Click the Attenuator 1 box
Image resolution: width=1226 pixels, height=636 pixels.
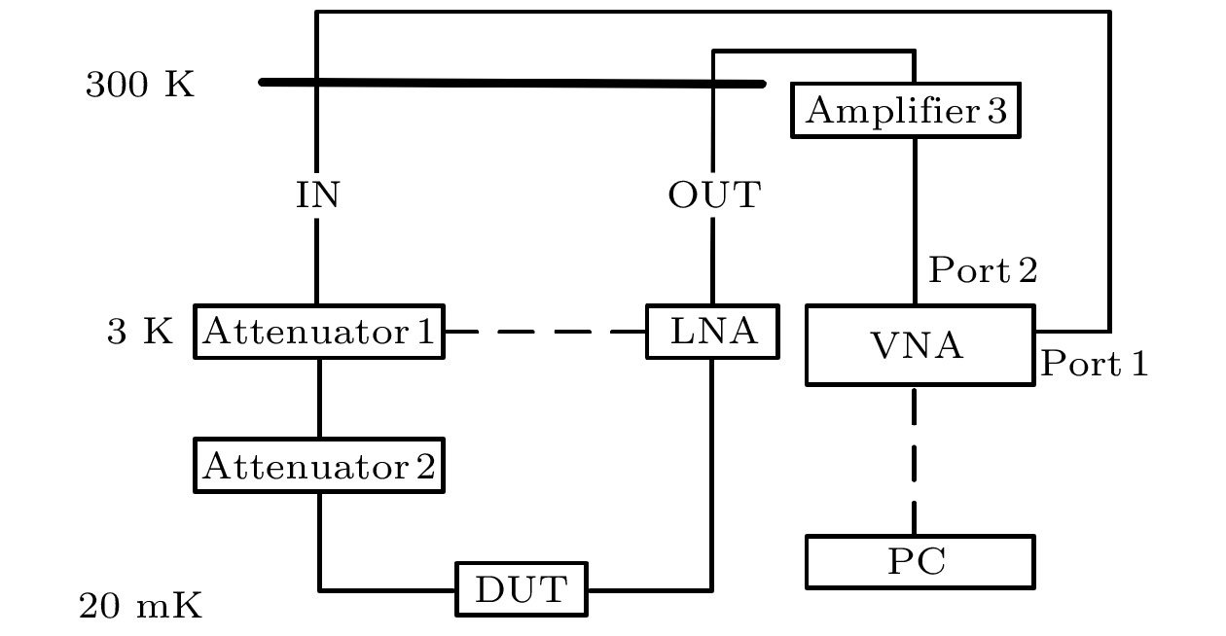point(318,332)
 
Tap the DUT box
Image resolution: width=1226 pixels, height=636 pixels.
point(522,588)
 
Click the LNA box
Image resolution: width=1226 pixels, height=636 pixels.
point(712,332)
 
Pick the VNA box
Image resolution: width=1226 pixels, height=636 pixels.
point(919,345)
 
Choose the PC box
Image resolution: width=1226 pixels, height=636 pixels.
point(919,562)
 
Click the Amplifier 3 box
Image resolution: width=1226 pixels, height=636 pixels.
point(906,111)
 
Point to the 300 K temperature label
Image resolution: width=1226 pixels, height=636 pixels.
point(140,86)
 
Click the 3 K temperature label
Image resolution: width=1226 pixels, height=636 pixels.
point(140,333)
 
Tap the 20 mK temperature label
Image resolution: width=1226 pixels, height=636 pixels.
point(140,608)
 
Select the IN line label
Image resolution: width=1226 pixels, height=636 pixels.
point(318,196)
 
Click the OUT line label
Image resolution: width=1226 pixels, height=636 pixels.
point(713,196)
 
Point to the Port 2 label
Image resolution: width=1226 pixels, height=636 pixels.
point(983,270)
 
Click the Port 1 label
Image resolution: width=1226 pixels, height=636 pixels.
point(1095,364)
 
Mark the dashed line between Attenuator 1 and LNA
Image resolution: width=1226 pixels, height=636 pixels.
point(545,332)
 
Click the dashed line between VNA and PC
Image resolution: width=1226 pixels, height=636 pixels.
point(915,457)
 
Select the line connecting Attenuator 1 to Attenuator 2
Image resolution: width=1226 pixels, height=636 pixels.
point(319,399)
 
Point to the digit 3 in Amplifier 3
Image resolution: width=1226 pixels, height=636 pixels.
point(996,111)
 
